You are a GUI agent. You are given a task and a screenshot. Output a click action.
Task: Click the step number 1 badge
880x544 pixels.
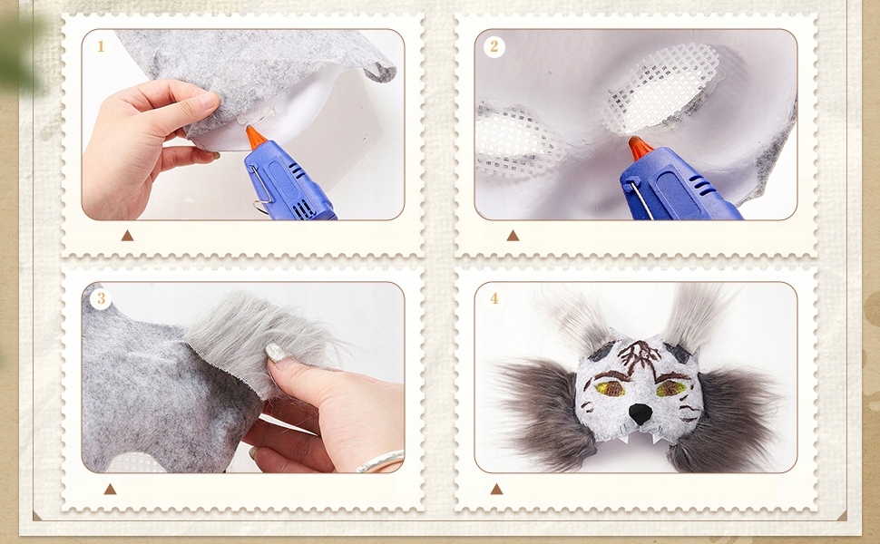click(x=101, y=46)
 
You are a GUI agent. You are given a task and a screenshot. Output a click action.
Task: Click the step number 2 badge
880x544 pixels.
click(x=494, y=46)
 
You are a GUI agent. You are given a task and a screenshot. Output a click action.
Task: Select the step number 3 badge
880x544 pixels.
click(x=101, y=298)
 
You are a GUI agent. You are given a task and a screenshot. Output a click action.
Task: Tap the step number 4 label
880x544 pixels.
click(x=494, y=298)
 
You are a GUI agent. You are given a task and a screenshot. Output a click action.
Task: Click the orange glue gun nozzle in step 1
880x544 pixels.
click(x=255, y=137)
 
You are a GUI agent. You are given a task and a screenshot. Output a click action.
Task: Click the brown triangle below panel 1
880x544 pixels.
click(x=127, y=236)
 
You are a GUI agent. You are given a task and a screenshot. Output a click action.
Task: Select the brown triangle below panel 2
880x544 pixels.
click(x=513, y=236)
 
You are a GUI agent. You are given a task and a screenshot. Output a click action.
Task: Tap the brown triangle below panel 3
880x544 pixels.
click(x=110, y=489)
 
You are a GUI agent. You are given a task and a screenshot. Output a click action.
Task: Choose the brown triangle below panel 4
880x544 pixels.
click(x=496, y=489)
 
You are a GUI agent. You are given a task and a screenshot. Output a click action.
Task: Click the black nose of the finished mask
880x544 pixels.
click(x=640, y=413)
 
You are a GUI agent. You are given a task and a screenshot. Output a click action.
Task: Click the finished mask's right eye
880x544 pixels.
click(x=670, y=387)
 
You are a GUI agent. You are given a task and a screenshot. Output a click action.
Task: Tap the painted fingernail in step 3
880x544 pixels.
click(x=279, y=352)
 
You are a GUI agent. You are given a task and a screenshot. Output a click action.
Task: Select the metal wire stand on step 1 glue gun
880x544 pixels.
click(x=261, y=188)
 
